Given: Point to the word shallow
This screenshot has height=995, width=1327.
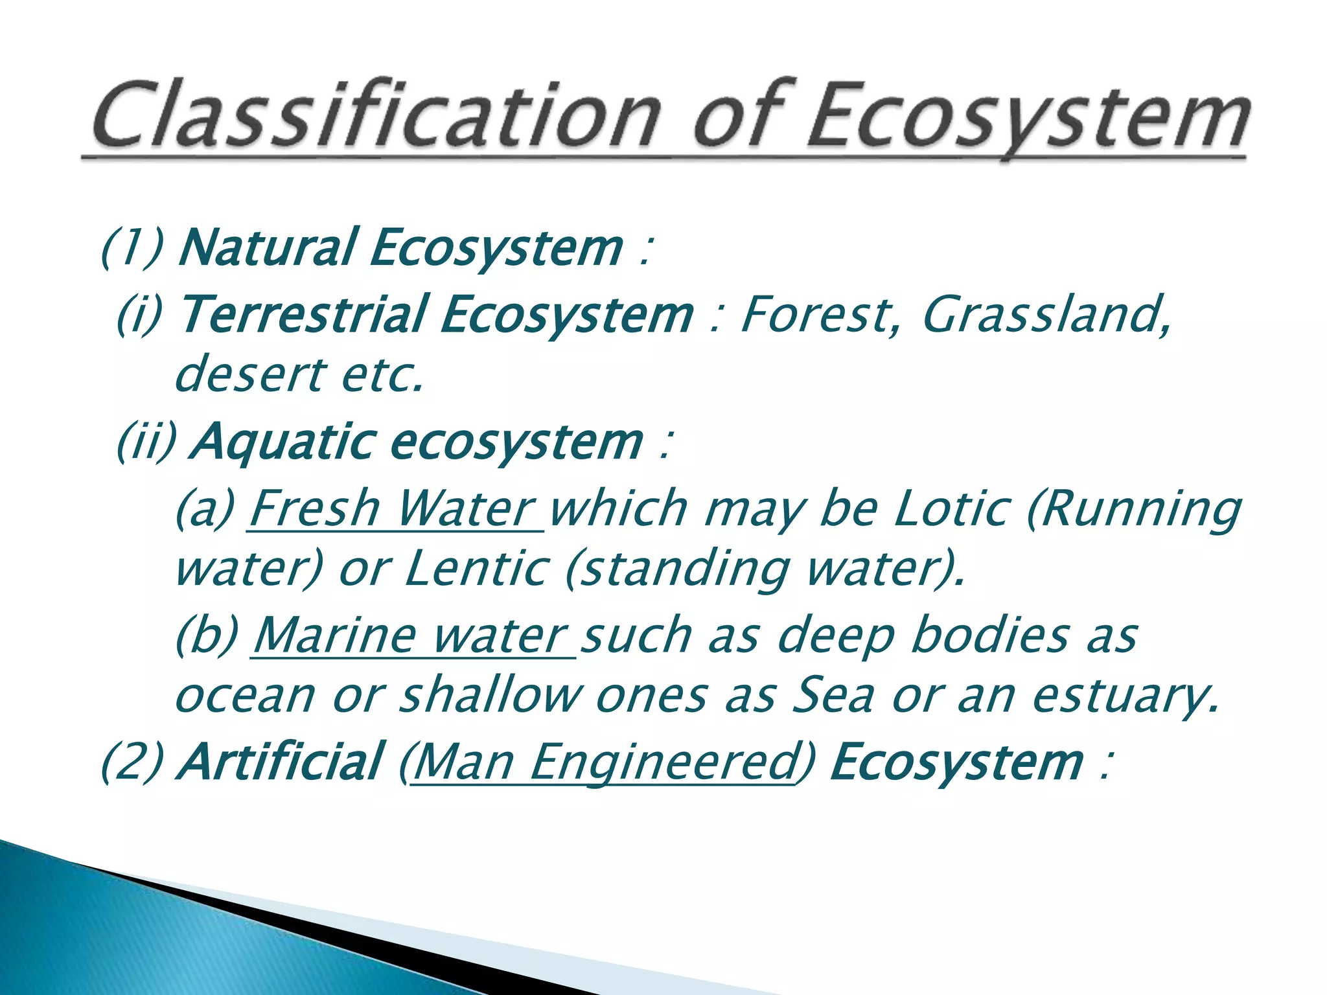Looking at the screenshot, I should (490, 696).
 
